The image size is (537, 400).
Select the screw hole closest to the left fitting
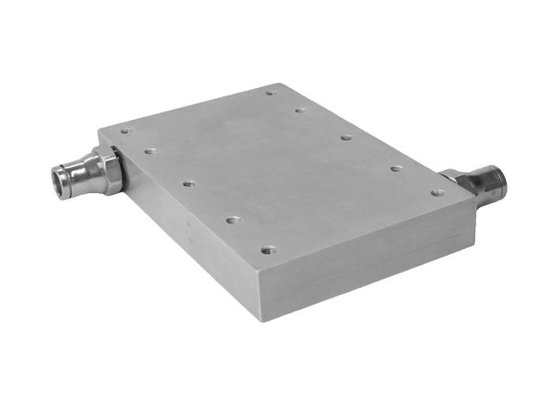(126, 131)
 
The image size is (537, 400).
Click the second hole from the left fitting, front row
(150, 151)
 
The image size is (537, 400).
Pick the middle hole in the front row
(189, 182)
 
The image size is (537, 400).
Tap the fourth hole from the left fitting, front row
(232, 220)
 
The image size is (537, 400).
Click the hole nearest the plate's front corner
(268, 249)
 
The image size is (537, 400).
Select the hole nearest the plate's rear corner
(270, 93)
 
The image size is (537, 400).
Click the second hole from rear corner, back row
(300, 109)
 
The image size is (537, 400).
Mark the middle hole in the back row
(346, 137)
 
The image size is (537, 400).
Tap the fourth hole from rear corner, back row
(395, 168)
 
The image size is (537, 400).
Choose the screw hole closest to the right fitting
(436, 192)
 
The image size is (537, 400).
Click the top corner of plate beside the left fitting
(99, 130)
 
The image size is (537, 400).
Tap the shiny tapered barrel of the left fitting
(84, 175)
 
